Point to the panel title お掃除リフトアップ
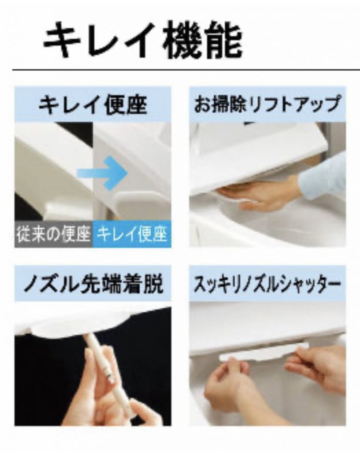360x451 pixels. point(267,104)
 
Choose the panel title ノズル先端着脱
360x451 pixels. point(93,284)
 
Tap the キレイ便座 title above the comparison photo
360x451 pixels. point(93,105)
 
